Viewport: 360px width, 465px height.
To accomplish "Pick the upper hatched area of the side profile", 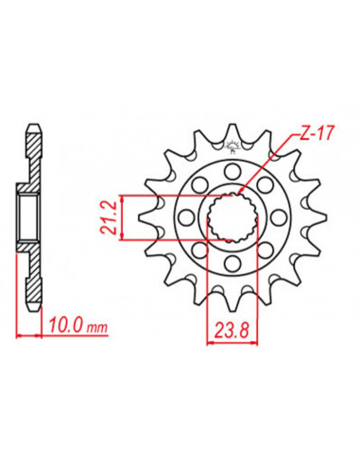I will pyautogui.click(x=34, y=156).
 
